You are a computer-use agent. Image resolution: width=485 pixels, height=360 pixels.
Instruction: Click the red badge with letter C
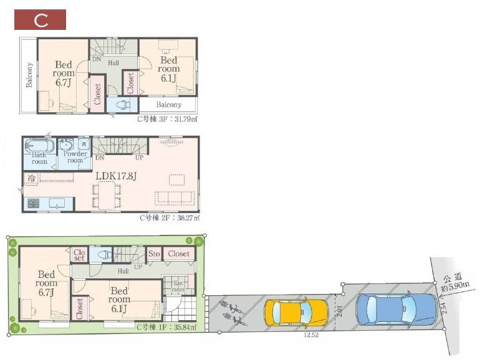[41, 19]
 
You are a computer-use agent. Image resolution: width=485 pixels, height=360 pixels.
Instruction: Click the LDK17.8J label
[116, 176]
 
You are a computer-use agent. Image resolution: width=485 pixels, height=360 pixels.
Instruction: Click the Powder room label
[75, 157]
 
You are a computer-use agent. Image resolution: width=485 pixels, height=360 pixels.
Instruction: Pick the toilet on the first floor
[103, 254]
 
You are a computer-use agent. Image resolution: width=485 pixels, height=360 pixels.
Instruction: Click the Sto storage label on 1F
[154, 254]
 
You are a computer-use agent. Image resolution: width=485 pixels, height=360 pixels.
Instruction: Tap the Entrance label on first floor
[178, 286]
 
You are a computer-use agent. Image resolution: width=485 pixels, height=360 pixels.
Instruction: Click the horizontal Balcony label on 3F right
[169, 105]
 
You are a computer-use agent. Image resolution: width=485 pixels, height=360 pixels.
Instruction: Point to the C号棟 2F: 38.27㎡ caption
[169, 217]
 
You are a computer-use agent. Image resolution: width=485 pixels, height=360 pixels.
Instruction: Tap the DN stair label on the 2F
[100, 158]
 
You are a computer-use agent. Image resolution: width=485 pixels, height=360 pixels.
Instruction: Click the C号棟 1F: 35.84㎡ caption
[166, 326]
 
